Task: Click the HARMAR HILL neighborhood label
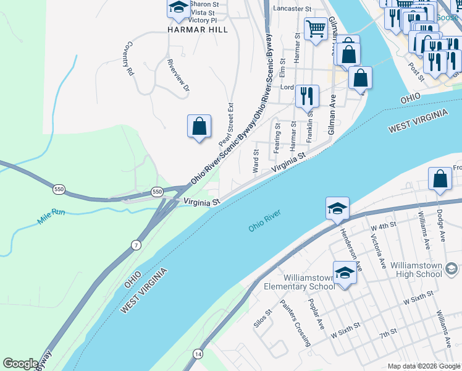[198, 29]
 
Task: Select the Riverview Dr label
[178, 75]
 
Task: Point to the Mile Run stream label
[51, 216]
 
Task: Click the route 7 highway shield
[136, 245]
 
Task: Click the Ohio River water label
[265, 221]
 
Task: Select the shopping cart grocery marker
[316, 28]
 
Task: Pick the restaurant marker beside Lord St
[307, 96]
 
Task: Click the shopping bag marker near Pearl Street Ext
[199, 127]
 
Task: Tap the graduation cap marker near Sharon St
[178, 9]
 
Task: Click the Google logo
[20, 364]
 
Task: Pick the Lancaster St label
[291, 9]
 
